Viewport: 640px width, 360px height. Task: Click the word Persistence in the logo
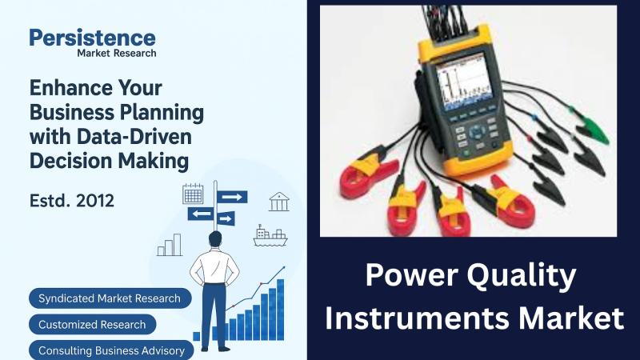92,38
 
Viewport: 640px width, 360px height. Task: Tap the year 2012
95,201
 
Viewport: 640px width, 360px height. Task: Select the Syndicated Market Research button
110,298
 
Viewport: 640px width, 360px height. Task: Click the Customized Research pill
93,325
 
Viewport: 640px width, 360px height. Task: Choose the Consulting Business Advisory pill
111,350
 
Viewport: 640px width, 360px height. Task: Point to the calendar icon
193,194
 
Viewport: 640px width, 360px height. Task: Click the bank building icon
279,202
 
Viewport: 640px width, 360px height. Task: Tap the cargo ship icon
270,235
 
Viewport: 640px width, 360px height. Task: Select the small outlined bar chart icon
170,245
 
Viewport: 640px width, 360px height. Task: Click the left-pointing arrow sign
201,214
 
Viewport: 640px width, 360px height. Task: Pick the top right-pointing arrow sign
232,197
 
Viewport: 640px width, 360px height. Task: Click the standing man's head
215,239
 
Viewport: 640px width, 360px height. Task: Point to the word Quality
522,276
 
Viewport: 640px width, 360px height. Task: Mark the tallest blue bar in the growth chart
281,310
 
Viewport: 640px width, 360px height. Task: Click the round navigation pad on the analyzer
476,132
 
